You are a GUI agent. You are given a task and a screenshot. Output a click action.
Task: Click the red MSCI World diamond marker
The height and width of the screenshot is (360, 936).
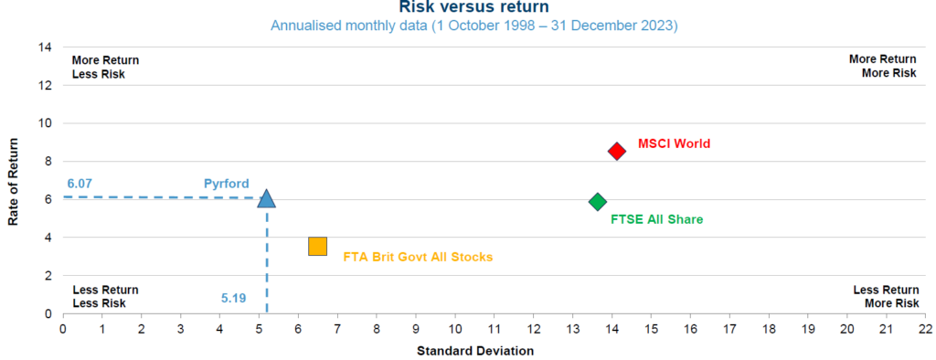point(617,151)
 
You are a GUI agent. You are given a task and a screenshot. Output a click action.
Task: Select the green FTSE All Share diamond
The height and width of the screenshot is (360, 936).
point(598,201)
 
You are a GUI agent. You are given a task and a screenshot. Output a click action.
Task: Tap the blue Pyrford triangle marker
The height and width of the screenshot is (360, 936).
point(266,198)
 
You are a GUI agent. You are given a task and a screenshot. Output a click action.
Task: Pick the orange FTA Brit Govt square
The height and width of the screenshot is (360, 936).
point(317,246)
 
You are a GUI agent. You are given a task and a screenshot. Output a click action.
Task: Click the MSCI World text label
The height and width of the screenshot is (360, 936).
point(674,143)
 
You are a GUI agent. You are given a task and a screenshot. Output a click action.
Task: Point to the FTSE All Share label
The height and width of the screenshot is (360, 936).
point(656,219)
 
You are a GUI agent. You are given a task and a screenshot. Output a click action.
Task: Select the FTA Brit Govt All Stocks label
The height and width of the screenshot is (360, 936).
point(418,258)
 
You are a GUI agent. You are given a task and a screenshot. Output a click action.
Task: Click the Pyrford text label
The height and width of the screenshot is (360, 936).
point(225,184)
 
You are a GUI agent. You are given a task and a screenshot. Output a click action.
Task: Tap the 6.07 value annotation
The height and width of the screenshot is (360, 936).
point(80,184)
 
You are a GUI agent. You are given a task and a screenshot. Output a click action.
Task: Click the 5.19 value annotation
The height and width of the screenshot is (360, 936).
point(234,298)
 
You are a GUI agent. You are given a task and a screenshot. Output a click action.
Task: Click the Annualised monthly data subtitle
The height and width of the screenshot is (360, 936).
point(473,26)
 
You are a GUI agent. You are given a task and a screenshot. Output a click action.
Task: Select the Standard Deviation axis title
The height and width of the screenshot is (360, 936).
point(475,351)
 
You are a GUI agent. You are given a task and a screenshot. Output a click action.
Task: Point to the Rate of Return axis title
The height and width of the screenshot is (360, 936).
point(14,180)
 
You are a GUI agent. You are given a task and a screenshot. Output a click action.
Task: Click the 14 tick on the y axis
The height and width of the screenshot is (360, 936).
point(45,48)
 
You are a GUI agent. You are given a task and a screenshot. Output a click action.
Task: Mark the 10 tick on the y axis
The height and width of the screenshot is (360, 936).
point(45,123)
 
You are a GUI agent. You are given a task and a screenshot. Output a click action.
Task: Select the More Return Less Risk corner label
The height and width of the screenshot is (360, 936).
point(105,67)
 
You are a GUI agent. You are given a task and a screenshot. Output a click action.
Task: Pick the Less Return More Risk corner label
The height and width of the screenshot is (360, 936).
point(886,296)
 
